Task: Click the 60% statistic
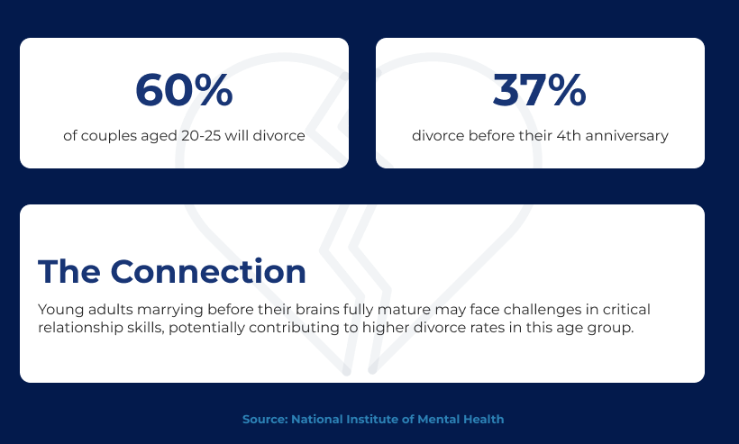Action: tap(184, 89)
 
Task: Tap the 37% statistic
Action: tap(540, 89)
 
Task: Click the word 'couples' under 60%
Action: tap(107, 136)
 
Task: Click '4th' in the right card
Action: tap(569, 136)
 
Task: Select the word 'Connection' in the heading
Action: tap(208, 272)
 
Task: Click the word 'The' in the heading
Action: tap(69, 272)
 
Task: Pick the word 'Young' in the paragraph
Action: tap(60, 310)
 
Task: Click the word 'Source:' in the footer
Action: tap(265, 420)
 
